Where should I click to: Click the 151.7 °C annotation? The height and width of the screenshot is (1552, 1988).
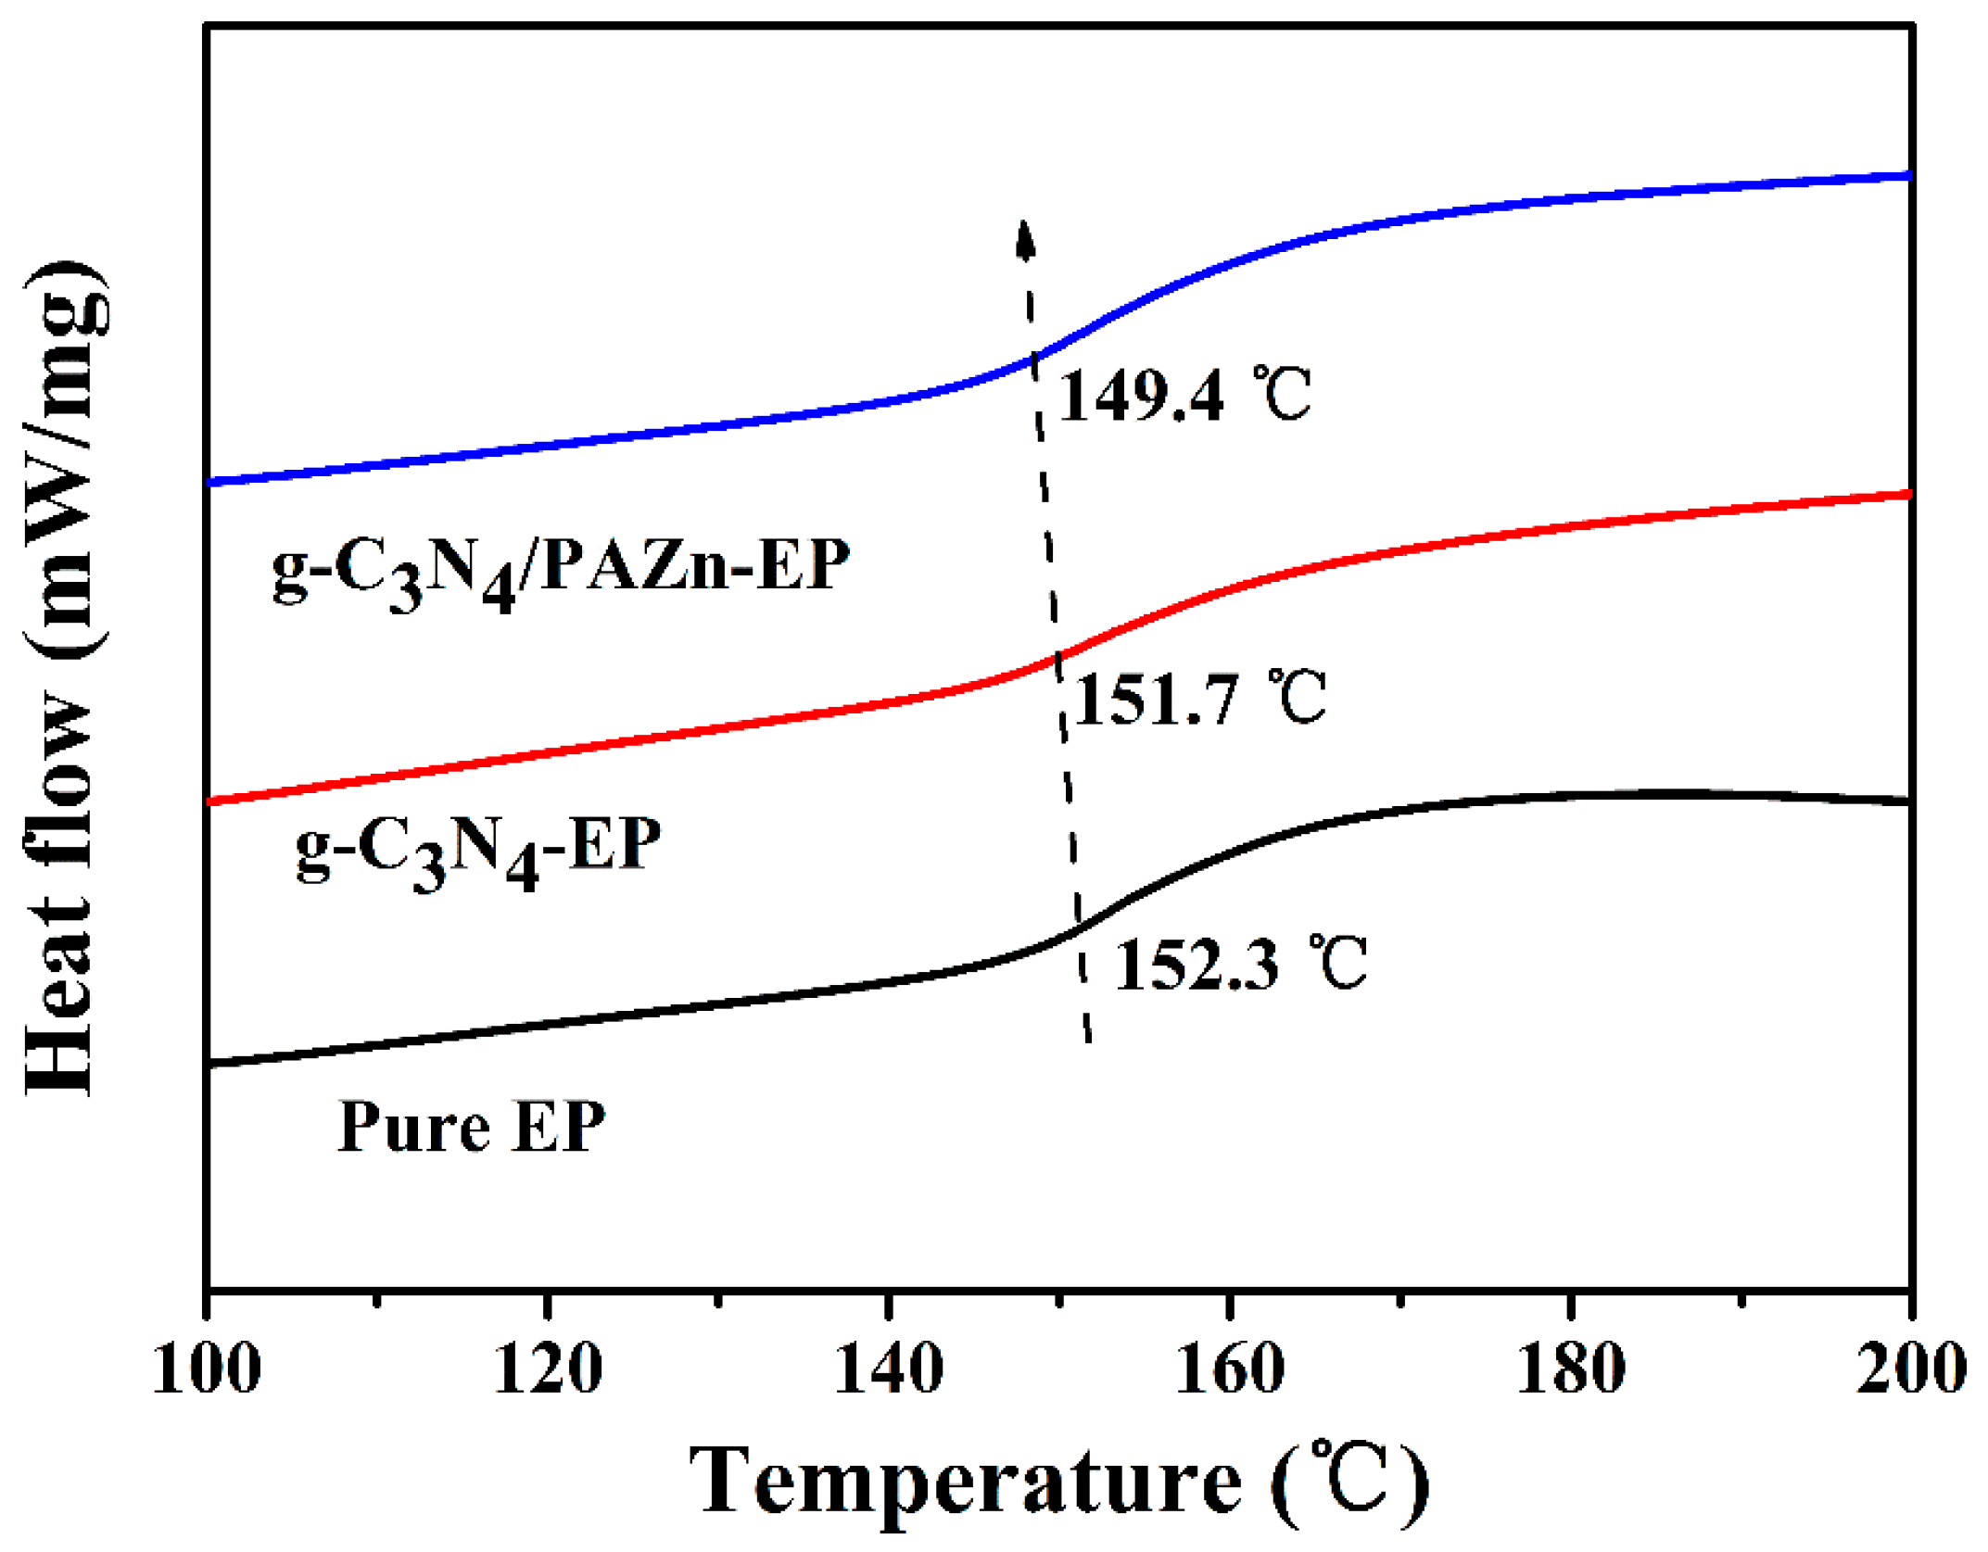1200,699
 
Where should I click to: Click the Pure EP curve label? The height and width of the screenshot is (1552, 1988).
471,1127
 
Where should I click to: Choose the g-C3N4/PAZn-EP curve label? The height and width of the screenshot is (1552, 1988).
560,571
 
